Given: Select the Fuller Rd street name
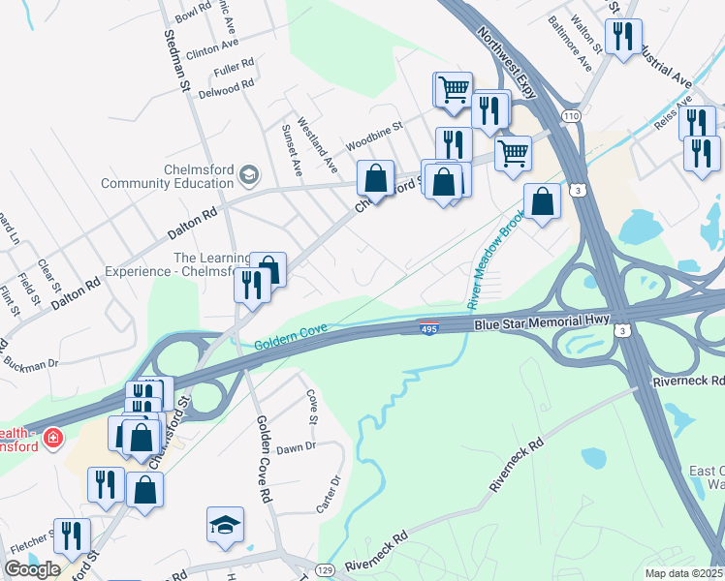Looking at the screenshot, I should [x=234, y=68].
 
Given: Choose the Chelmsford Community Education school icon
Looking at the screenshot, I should [x=249, y=174].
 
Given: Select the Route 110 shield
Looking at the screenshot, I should [x=571, y=116].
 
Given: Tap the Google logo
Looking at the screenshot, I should [x=32, y=569].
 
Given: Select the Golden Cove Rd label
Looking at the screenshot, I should [x=263, y=458].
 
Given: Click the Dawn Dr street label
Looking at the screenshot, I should [x=296, y=447].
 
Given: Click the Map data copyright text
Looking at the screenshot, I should [x=683, y=573].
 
